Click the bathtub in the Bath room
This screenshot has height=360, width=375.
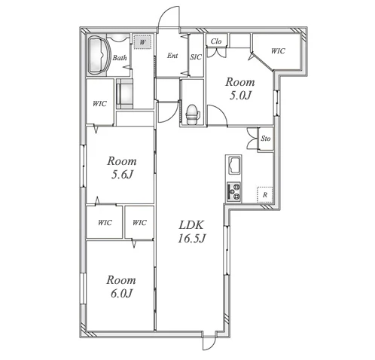[99, 55]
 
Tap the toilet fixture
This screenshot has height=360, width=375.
[193, 114]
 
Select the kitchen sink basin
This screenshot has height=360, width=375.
[233, 165]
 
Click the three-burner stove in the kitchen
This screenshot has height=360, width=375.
[233, 191]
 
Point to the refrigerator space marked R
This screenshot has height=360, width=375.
[264, 194]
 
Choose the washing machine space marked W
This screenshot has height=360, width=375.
[142, 42]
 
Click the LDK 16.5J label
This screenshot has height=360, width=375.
[191, 232]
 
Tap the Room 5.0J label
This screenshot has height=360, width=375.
[239, 89]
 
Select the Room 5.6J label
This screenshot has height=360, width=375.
[122, 167]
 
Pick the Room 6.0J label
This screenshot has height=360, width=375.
[121, 286]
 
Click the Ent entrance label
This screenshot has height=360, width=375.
[172, 56]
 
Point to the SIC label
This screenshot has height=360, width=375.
[196, 57]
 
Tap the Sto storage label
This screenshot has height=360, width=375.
[266, 139]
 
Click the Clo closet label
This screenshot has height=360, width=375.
[216, 41]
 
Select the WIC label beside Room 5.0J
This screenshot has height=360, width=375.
[278, 51]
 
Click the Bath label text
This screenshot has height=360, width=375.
[120, 58]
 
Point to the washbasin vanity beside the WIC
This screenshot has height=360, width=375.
[125, 94]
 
